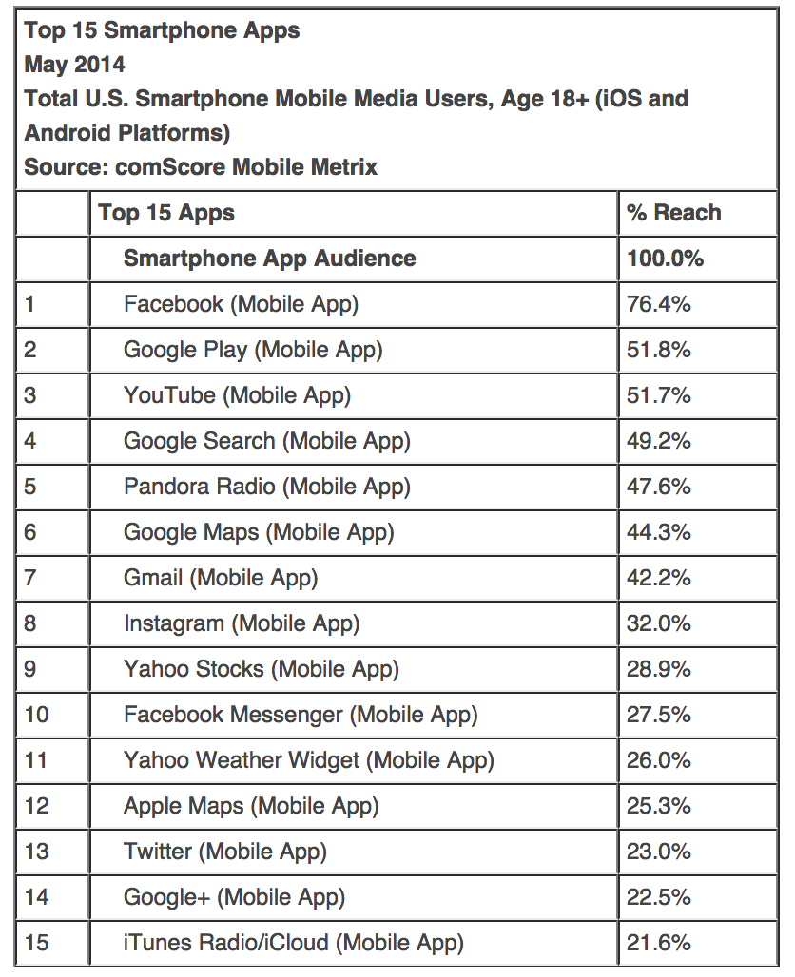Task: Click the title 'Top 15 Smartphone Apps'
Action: pyautogui.click(x=162, y=30)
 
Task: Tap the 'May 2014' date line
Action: pyautogui.click(x=74, y=65)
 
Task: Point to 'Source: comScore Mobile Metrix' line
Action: pyautogui.click(x=201, y=167)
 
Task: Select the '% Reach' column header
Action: pyautogui.click(x=673, y=213)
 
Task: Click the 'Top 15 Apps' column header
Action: pyautogui.click(x=166, y=213)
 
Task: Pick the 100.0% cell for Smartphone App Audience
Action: pyautogui.click(x=665, y=259)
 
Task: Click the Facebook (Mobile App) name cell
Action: pyautogui.click(x=242, y=304)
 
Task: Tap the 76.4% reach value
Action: pyautogui.click(x=658, y=304)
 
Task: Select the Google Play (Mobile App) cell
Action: pyautogui.click(x=253, y=350)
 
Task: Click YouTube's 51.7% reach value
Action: pyautogui.click(x=658, y=395)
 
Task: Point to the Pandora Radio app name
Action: pyautogui.click(x=267, y=487)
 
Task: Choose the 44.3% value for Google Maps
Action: pyautogui.click(x=658, y=532)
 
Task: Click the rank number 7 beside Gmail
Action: pyautogui.click(x=30, y=578)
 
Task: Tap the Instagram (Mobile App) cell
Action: pyautogui.click(x=242, y=623)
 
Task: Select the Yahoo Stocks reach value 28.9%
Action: pyautogui.click(x=658, y=669)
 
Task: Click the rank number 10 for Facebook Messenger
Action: pyautogui.click(x=36, y=715)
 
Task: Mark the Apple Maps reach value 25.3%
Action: pyautogui.click(x=658, y=806)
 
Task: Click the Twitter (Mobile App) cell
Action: pyautogui.click(x=225, y=852)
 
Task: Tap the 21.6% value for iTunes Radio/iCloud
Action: pyautogui.click(x=658, y=943)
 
